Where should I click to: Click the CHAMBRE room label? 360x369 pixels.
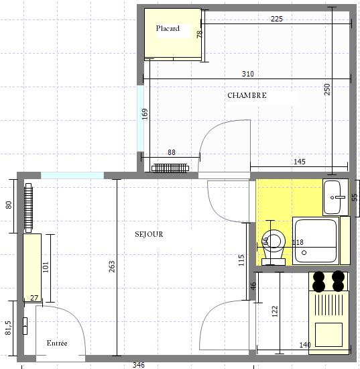[247, 95]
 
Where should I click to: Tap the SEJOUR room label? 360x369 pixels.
[149, 234]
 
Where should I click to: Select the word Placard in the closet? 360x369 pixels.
[168, 29]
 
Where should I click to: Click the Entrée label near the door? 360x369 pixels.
[57, 343]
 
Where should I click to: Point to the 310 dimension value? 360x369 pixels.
[247, 74]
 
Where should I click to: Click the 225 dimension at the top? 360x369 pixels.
[276, 19]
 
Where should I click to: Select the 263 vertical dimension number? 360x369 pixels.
[111, 268]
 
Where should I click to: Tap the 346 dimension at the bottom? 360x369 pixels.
[138, 365]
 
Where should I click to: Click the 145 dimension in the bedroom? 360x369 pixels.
[299, 162]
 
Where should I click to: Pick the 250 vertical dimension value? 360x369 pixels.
[327, 89]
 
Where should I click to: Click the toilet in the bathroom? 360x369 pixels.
[274, 244]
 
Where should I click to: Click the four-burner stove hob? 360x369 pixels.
[328, 281]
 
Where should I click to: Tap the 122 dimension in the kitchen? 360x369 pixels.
[274, 311]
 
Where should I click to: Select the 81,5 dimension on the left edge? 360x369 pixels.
[9, 327]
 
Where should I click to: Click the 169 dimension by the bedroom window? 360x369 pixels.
[145, 113]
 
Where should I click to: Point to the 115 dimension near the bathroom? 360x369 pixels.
[242, 260]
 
